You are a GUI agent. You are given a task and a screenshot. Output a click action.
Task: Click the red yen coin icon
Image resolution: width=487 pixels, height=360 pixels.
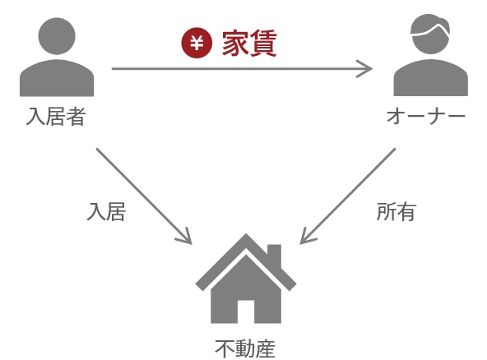197,43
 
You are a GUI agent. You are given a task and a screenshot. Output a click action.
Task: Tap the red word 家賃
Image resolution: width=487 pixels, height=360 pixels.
249,43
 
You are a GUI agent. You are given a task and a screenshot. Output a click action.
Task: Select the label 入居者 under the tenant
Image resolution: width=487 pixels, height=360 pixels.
56,117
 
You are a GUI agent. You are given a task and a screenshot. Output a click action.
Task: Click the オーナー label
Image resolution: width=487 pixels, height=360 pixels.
426,116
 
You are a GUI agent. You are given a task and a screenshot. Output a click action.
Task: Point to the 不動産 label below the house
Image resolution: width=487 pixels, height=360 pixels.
245,348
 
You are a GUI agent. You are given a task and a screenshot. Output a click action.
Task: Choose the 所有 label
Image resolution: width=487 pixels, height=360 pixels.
397,212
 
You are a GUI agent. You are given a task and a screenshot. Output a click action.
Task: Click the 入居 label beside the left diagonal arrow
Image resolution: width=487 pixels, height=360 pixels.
106,212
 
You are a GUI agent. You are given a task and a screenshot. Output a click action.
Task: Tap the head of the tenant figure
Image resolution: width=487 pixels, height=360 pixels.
57,36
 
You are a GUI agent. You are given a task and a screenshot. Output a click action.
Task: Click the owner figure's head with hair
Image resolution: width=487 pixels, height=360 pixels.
430,35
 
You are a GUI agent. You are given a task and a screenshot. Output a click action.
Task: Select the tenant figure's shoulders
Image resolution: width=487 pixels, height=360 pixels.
57,78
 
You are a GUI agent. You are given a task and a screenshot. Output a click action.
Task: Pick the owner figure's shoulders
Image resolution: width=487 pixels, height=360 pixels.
431,78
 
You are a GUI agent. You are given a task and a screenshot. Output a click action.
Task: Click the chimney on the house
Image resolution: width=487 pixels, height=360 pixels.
274,256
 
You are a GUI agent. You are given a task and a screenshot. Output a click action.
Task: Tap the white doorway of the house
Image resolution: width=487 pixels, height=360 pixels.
246,312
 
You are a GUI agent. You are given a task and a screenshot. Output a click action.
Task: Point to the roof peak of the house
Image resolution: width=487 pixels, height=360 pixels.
246,234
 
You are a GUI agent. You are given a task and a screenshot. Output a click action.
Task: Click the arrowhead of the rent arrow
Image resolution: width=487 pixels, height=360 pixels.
368,68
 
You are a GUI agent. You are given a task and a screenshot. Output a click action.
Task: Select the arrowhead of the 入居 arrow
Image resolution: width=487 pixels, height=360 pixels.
188,240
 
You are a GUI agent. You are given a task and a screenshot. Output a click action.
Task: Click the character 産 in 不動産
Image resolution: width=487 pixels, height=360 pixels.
265,348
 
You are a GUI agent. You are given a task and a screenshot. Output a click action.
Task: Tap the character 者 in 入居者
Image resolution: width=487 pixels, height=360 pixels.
76,117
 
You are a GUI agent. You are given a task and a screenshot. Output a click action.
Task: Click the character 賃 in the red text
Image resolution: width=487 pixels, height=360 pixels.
263,43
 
